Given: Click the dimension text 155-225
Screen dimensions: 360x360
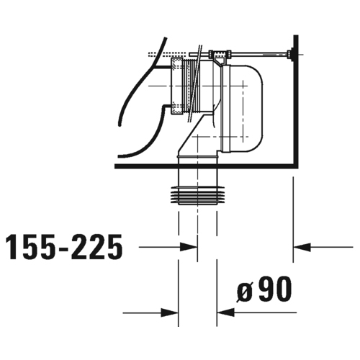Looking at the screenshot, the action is (x=64, y=247).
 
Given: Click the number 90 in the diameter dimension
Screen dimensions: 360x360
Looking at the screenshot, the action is (x=275, y=289).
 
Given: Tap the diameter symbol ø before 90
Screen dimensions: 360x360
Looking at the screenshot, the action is (x=245, y=292).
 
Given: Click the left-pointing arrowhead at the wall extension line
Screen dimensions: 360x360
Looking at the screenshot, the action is (x=302, y=247).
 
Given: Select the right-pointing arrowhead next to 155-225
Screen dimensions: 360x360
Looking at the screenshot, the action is (x=189, y=247).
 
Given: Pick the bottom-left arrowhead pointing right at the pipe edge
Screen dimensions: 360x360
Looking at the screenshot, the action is (x=169, y=312).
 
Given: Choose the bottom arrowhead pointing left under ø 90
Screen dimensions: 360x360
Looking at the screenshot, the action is (x=225, y=312).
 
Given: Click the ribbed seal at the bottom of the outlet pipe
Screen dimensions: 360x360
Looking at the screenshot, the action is (x=198, y=196).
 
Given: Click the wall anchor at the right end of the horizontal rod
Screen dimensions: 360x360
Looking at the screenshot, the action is (x=290, y=55).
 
